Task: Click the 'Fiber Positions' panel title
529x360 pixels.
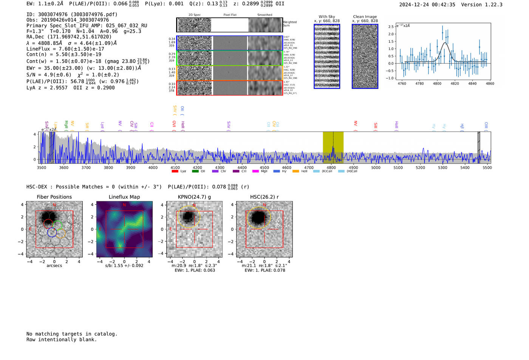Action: (54, 197)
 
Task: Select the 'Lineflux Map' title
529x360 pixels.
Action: (124, 197)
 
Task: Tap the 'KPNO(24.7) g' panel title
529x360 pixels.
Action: (194, 197)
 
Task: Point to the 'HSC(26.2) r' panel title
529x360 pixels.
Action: (264, 197)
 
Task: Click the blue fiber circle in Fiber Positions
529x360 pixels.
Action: (52, 232)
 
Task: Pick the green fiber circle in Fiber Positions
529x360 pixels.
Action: (57, 226)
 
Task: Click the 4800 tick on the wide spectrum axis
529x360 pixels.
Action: (331, 167)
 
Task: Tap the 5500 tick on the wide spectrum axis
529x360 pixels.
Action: (487, 167)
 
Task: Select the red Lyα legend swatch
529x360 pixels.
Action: (175, 171)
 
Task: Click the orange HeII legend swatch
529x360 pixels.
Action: (295, 171)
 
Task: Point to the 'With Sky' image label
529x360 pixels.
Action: (326, 17)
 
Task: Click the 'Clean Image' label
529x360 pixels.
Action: (365, 17)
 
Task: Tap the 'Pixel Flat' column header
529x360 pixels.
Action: (230, 15)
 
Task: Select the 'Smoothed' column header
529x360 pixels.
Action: (264, 15)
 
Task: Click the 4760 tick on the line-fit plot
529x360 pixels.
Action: (402, 83)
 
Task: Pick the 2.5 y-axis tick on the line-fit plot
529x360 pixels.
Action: (391, 26)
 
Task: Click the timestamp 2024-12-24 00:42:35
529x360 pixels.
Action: (427, 5)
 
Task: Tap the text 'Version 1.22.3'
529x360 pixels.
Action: (482, 5)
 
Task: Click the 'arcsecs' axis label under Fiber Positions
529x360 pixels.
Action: (54, 266)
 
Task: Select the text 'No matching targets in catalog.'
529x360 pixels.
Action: (72, 334)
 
